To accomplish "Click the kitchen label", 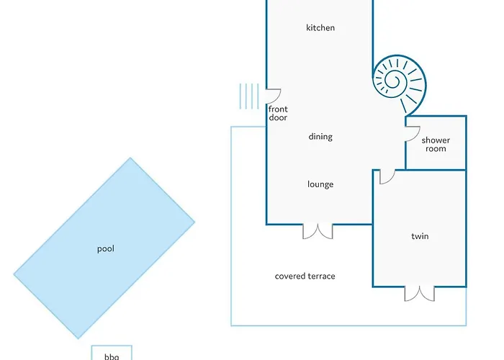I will click(x=320, y=28).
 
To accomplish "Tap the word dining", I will click(x=320, y=137).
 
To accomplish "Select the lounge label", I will click(x=320, y=184).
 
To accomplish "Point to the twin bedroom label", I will click(x=420, y=236).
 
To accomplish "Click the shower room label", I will click(x=436, y=144).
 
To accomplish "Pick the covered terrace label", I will click(x=305, y=276).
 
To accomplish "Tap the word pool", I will click(x=106, y=249).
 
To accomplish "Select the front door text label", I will click(x=278, y=113).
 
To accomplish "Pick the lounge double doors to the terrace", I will click(x=318, y=231).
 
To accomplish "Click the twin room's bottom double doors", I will click(x=420, y=293).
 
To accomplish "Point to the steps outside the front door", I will click(x=248, y=96).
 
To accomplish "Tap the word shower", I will click(x=436, y=140).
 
